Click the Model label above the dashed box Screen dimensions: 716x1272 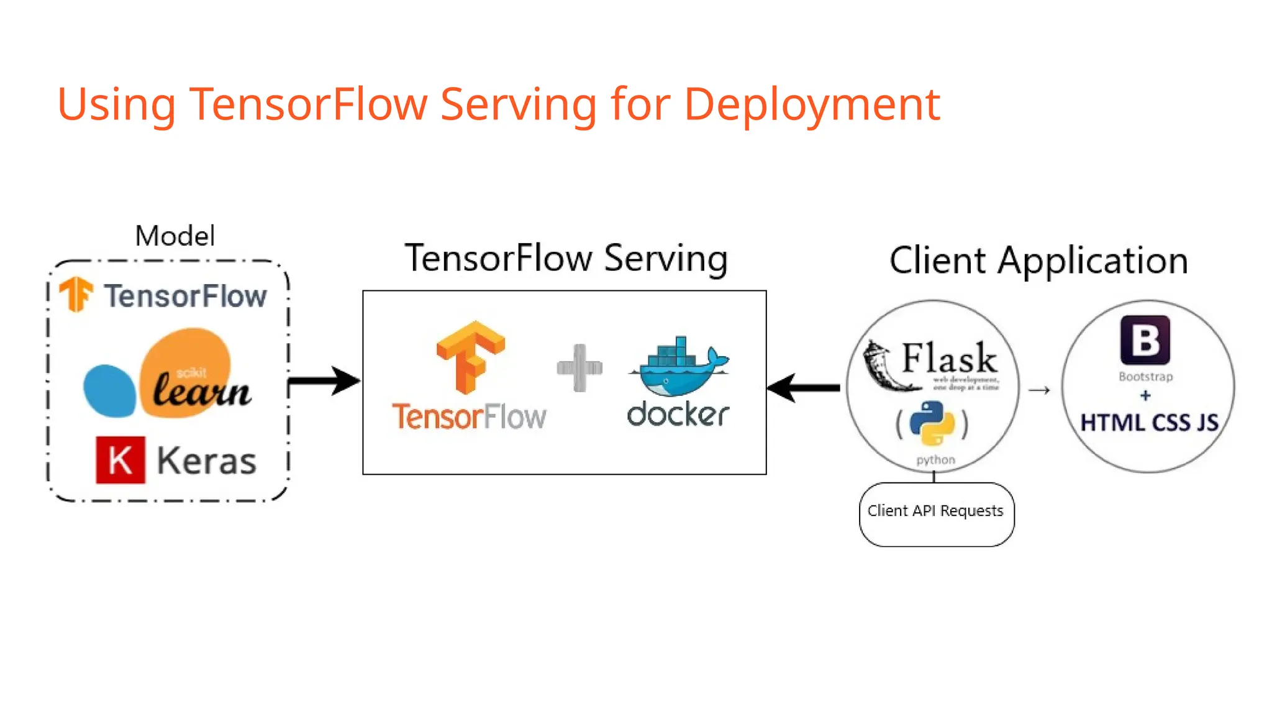coord(175,237)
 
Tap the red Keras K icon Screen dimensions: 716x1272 coord(120,460)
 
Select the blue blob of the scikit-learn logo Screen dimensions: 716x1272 coord(109,391)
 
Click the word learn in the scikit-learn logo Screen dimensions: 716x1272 coord(201,390)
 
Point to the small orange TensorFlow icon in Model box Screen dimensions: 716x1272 coord(76,293)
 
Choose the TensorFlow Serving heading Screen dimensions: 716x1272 coord(566,259)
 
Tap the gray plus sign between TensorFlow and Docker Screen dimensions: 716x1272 coord(579,368)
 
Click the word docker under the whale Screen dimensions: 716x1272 coord(678,415)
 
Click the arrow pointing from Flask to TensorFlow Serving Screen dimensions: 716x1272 coord(804,388)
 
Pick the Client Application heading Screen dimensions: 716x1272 coord(1038,260)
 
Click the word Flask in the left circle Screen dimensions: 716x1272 coord(948,358)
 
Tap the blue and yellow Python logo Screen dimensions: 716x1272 coord(932,423)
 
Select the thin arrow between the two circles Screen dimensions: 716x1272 coord(1039,390)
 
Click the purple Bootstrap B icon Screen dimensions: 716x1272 coord(1145,340)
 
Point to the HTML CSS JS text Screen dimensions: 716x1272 coord(1149,423)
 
